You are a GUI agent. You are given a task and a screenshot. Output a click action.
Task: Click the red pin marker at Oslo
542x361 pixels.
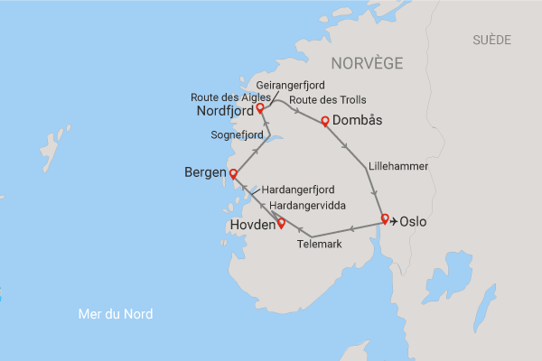point(385,218)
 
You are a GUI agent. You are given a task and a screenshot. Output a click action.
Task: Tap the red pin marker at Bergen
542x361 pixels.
point(232,173)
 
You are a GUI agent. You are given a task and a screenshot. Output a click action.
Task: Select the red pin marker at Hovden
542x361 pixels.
point(281,223)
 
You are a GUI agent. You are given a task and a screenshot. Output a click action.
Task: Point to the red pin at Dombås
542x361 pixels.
point(324,120)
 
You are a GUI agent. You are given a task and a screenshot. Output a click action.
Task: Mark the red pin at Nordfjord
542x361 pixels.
point(259,107)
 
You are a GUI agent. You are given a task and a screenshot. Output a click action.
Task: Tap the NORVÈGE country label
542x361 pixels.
point(367,63)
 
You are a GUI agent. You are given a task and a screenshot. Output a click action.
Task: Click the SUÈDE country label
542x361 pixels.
point(491,40)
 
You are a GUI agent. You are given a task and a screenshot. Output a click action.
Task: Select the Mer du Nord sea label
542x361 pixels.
point(115,314)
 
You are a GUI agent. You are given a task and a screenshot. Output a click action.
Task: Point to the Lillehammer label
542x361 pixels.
point(397,167)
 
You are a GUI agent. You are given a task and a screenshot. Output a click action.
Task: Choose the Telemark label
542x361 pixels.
point(320,245)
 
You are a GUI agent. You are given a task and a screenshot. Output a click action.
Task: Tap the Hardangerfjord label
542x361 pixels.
point(298,190)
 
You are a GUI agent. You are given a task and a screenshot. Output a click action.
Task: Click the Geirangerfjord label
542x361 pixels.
point(291,85)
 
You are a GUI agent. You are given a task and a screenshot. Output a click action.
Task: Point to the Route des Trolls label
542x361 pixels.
point(328,99)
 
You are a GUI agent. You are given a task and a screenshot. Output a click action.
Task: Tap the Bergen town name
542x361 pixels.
point(205,171)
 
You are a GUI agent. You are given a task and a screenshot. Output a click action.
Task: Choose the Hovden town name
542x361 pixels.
point(251,226)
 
